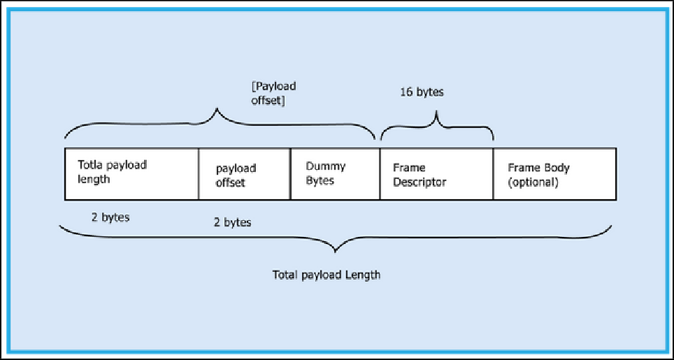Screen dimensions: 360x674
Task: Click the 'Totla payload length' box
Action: click(x=131, y=173)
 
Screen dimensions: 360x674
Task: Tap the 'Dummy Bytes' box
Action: click(x=335, y=173)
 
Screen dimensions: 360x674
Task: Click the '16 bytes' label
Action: click(x=422, y=92)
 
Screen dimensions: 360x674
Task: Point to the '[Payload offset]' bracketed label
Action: click(x=273, y=92)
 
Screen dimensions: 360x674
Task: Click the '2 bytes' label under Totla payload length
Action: click(x=110, y=217)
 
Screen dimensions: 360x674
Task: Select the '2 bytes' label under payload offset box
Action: click(x=232, y=222)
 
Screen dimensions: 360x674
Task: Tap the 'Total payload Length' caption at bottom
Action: click(x=327, y=275)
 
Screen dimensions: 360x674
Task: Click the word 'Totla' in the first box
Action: click(x=91, y=166)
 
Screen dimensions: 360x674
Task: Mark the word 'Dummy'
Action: click(x=325, y=166)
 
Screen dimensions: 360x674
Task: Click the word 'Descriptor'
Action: click(x=420, y=182)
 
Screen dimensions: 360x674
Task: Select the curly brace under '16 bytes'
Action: click(x=437, y=124)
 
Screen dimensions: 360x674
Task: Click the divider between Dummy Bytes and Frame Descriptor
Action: click(x=380, y=173)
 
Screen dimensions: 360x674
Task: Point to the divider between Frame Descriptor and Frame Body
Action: click(x=494, y=173)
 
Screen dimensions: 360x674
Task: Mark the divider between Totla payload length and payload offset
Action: click(x=199, y=173)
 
